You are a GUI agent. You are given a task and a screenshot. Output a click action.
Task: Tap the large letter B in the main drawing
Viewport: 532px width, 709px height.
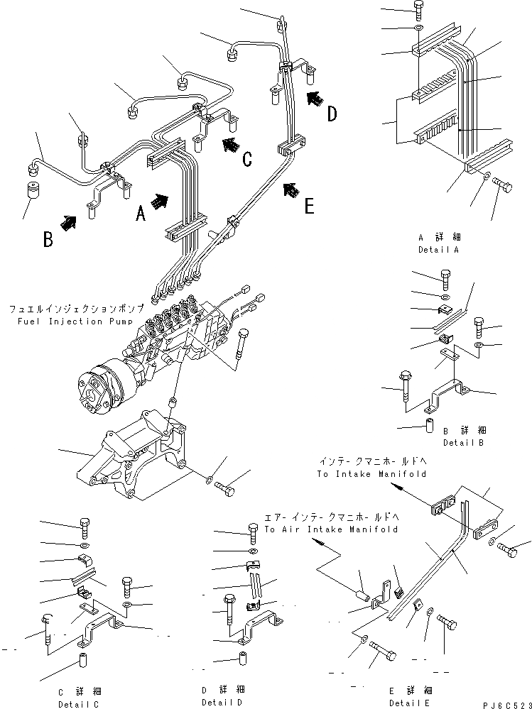tap(48, 239)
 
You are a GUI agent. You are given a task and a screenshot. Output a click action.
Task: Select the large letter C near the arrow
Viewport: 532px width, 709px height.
tap(246, 158)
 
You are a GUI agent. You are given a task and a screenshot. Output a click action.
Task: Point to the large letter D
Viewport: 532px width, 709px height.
tap(332, 114)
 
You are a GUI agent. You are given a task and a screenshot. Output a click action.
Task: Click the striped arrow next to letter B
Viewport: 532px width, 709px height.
tap(68, 224)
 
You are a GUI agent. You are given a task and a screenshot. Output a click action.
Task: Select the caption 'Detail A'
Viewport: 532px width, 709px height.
tap(439, 250)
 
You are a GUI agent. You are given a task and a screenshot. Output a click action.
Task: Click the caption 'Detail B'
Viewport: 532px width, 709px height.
tap(465, 442)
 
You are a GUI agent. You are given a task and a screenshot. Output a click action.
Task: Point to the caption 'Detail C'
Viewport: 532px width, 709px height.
tap(78, 704)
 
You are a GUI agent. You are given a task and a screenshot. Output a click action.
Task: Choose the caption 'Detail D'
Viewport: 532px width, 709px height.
tap(222, 702)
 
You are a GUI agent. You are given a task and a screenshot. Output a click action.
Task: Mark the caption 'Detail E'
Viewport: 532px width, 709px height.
tap(409, 702)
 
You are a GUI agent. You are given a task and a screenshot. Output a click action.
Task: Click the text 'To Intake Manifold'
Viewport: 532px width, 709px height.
tap(371, 473)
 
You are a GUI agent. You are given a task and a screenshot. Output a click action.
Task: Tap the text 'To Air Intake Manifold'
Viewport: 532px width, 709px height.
tap(330, 529)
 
